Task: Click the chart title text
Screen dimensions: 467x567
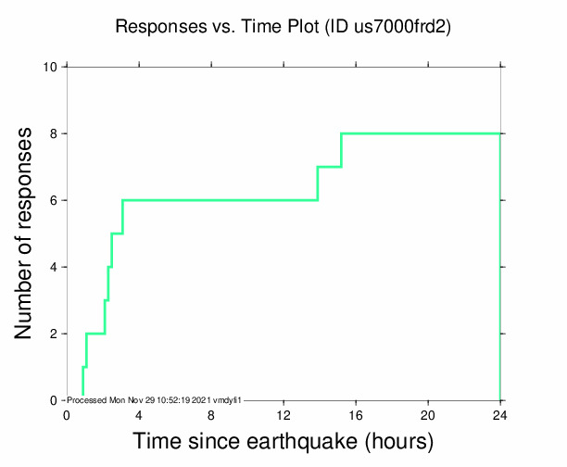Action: [283, 27]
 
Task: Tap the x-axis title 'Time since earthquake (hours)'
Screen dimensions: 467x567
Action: [283, 441]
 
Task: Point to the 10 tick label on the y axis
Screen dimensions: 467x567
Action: [52, 67]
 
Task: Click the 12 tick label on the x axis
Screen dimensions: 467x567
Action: [283, 414]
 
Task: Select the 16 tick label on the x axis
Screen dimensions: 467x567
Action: [356, 414]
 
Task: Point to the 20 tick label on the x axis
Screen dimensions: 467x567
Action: [428, 414]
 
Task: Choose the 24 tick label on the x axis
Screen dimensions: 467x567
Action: [500, 414]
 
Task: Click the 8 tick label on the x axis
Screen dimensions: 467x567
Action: [211, 414]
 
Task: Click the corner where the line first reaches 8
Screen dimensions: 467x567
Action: [342, 133]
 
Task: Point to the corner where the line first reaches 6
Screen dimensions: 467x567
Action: [122, 200]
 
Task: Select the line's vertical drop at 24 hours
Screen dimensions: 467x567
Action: [500, 269]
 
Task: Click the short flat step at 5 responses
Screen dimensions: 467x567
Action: [117, 233]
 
